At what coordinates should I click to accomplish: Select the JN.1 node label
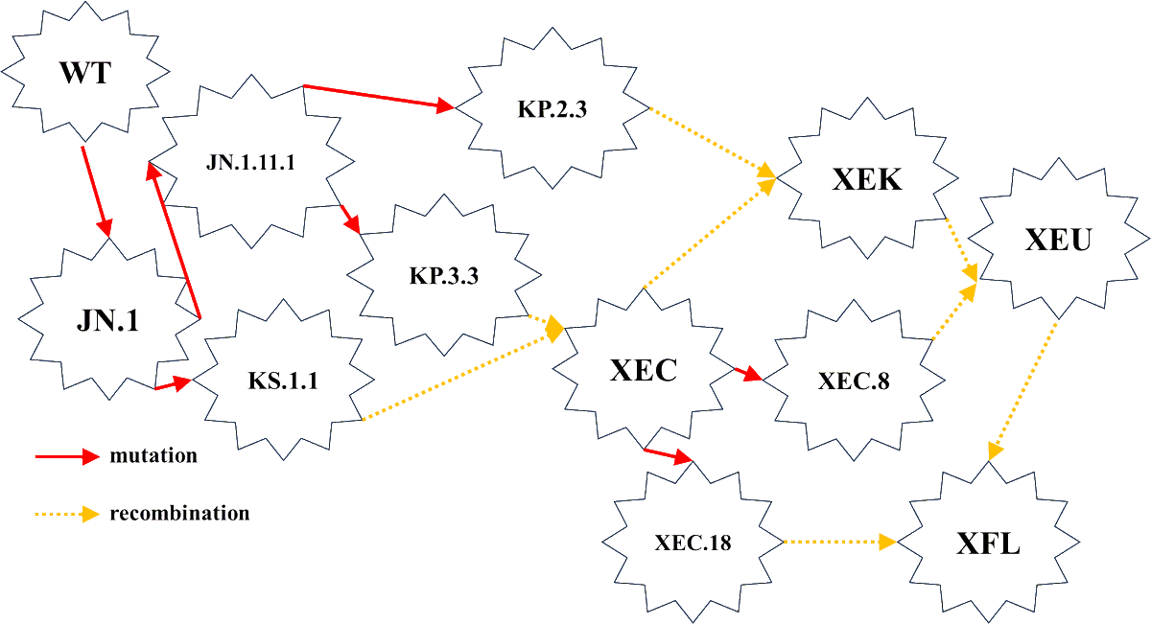pos(108,320)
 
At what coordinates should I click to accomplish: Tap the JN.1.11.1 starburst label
pos(250,163)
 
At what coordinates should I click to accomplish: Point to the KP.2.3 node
pos(551,108)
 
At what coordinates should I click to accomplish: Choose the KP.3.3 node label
pos(442,276)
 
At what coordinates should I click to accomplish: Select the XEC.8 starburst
pos(855,380)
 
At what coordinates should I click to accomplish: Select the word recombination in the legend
pos(178,514)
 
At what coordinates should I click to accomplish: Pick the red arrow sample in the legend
pos(66,456)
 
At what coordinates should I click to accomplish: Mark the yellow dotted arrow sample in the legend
pos(66,515)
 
